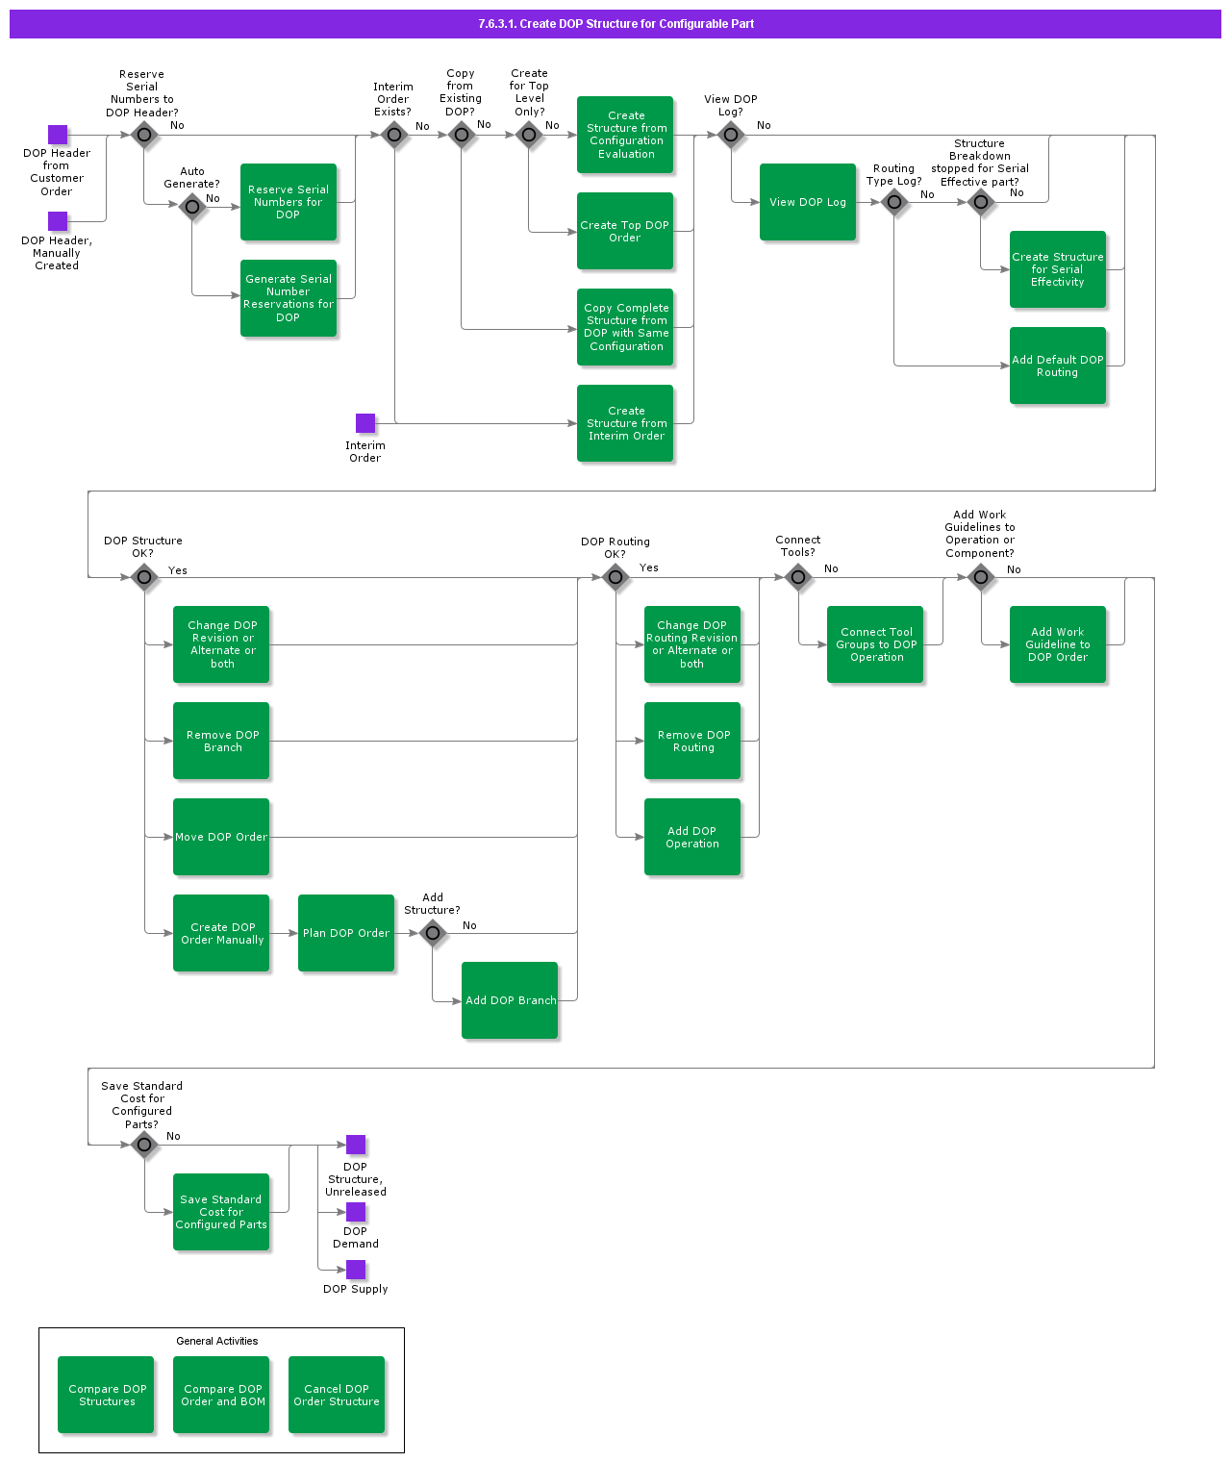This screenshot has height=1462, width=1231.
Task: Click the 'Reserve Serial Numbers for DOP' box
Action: click(x=289, y=202)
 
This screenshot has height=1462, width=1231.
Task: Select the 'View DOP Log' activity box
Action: click(x=808, y=202)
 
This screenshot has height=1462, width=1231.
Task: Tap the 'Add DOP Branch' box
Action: click(x=510, y=1000)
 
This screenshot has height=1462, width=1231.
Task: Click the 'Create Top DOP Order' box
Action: click(x=625, y=231)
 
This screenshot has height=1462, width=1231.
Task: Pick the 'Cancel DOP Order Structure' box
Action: click(x=337, y=1395)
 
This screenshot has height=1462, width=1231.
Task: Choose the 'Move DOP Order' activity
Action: click(x=221, y=837)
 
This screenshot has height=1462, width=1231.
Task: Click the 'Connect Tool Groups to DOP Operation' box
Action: click(x=875, y=644)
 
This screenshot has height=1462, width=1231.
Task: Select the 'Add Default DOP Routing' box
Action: click(x=1058, y=365)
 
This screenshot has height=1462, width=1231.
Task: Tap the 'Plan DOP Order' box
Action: click(x=346, y=933)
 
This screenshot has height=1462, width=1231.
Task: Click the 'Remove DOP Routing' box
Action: click(x=692, y=741)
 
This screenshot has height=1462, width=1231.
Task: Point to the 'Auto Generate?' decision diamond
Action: click(x=192, y=206)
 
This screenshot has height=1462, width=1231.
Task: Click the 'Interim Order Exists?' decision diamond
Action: click(x=394, y=135)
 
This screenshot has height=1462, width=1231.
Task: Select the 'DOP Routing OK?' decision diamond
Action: click(x=615, y=577)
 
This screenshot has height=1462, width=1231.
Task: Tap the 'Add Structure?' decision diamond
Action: click(x=433, y=933)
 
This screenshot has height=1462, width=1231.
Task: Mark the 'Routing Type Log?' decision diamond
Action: click(x=894, y=202)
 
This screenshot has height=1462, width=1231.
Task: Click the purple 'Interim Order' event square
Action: click(x=365, y=423)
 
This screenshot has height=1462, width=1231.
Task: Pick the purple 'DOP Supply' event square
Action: click(x=356, y=1270)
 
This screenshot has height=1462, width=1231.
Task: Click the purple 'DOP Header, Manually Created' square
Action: click(x=58, y=221)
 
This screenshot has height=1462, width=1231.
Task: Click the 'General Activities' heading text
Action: click(x=217, y=1341)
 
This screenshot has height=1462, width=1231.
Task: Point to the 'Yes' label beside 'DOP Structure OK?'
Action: click(x=178, y=570)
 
